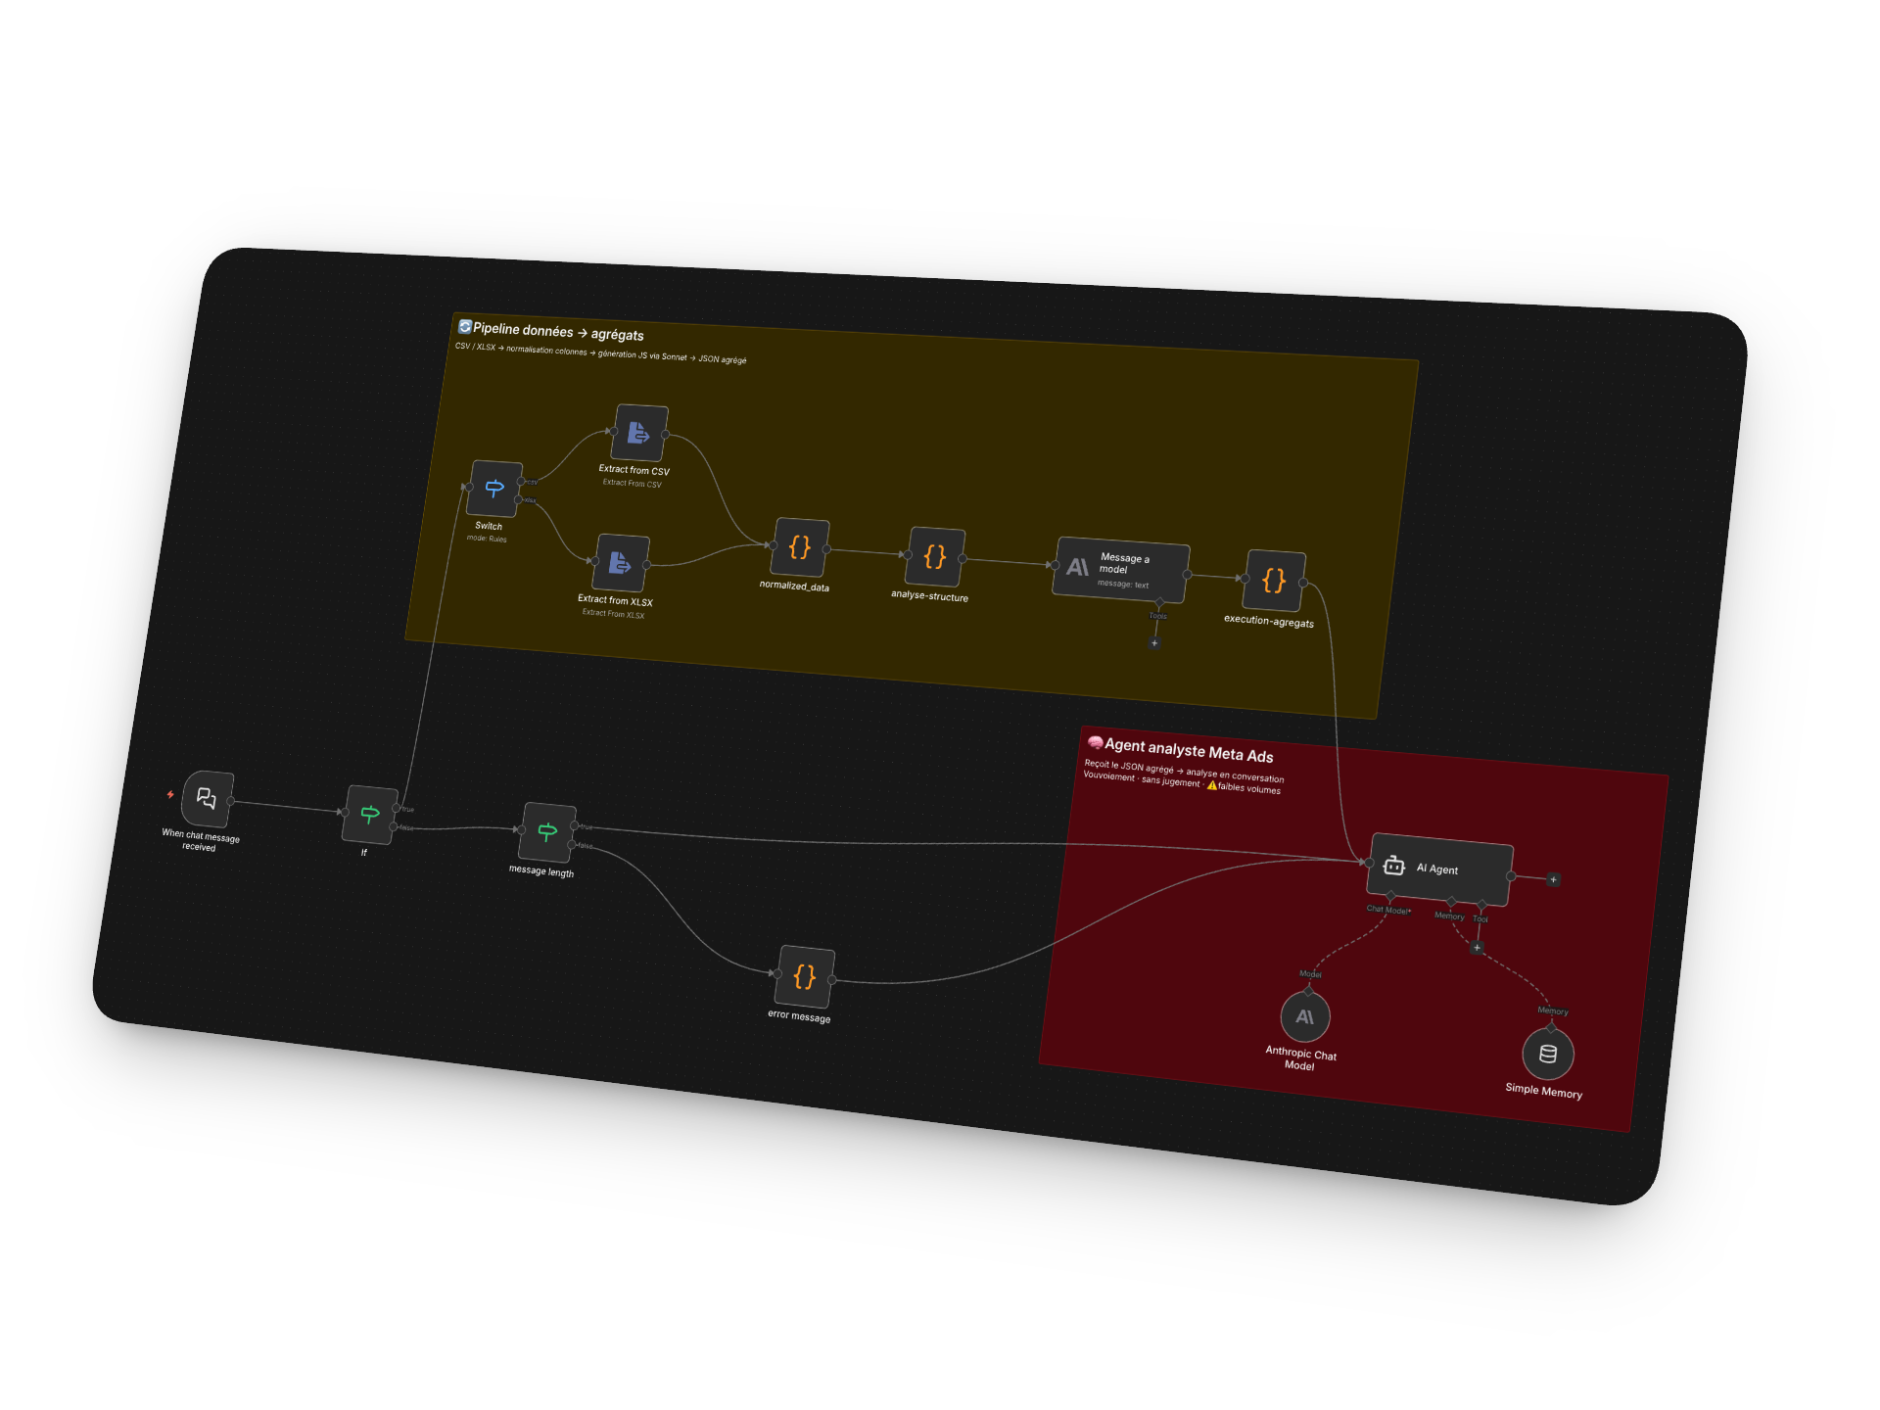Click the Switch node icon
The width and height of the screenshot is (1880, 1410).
tap(494, 488)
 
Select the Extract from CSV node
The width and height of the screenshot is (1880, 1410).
tap(639, 432)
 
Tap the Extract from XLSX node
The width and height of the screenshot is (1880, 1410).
tap(621, 563)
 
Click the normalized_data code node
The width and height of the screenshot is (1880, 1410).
tap(801, 547)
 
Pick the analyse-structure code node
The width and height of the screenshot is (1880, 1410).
tap(936, 557)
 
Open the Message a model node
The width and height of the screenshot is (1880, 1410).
tap(1121, 569)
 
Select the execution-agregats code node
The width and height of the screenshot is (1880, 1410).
tap(1274, 581)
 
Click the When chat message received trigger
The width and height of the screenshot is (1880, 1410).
tap(207, 799)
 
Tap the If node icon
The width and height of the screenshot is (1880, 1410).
tap(370, 814)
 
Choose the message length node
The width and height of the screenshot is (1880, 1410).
tap(547, 832)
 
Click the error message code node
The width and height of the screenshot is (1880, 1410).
tap(805, 976)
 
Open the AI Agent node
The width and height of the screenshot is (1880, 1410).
tap(1439, 869)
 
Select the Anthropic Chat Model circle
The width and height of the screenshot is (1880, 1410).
tap(1305, 1017)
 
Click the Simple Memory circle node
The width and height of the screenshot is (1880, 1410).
tap(1548, 1054)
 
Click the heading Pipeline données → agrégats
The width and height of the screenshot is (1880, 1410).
tap(557, 332)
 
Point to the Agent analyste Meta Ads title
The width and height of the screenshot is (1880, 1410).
tap(1188, 751)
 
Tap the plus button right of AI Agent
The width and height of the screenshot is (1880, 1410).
tap(1553, 879)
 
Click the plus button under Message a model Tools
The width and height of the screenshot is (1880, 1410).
tap(1154, 643)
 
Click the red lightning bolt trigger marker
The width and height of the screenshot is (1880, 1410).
tap(170, 794)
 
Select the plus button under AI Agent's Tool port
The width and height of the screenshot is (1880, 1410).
tap(1477, 947)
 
